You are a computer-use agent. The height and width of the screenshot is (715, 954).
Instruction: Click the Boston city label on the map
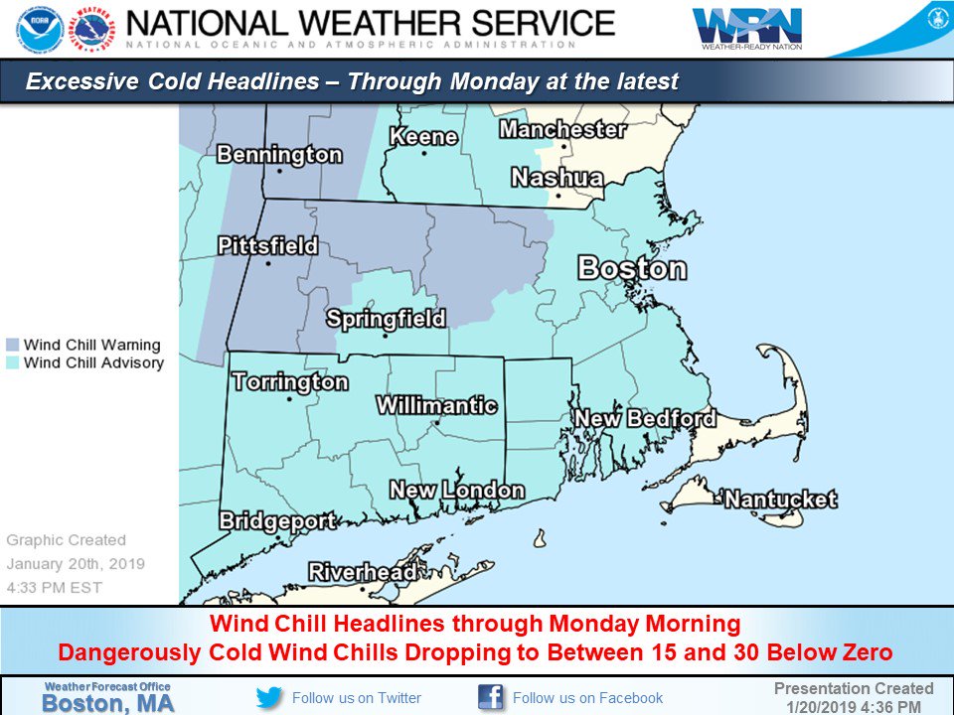tap(632, 268)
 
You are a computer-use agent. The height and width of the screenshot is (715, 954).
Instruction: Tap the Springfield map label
tap(386, 319)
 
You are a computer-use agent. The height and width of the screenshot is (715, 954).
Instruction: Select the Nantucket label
tap(780, 499)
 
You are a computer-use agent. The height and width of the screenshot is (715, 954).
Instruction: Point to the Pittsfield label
tap(267, 245)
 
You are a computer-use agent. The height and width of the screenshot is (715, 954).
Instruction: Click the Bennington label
tap(278, 155)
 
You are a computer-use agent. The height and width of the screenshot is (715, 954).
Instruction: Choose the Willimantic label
tap(436, 405)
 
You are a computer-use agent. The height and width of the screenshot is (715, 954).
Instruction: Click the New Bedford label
tap(646, 418)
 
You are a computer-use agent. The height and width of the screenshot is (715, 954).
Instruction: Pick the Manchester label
tap(562, 130)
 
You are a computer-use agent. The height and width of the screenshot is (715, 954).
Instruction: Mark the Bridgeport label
tap(276, 520)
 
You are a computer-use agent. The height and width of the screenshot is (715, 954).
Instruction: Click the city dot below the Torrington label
tap(289, 401)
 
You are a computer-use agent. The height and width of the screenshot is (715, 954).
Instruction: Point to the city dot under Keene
tap(424, 153)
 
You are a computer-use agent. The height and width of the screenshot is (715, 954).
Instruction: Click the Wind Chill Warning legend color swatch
tap(12, 345)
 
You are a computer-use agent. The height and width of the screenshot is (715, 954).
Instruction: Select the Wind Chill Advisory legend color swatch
tap(12, 363)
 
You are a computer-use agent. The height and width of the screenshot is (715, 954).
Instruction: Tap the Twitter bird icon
tap(269, 697)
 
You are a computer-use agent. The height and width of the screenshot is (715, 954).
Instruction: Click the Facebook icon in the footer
tap(491, 697)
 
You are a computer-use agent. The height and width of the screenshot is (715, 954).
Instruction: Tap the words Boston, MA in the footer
tap(106, 703)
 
